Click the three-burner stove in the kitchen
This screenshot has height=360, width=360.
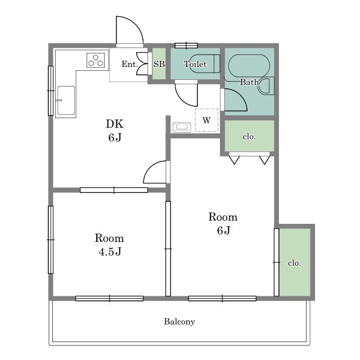96,60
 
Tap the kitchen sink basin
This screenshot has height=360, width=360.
66,100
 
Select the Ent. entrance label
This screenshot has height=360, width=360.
129,64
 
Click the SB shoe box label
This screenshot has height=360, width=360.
159,64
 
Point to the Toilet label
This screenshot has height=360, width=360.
195,64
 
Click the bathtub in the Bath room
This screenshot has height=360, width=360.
249,66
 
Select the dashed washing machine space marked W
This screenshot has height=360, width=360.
206,120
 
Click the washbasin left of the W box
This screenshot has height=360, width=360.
182,127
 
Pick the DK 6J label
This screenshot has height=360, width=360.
115,130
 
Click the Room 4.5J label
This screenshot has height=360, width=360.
109,245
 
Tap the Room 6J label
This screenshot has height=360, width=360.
223,223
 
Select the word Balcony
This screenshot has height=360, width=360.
179,322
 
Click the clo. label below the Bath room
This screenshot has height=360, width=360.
249,137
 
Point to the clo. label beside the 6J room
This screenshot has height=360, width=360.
294,263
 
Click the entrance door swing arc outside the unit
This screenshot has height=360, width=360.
137,24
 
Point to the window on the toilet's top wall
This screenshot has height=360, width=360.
186,46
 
